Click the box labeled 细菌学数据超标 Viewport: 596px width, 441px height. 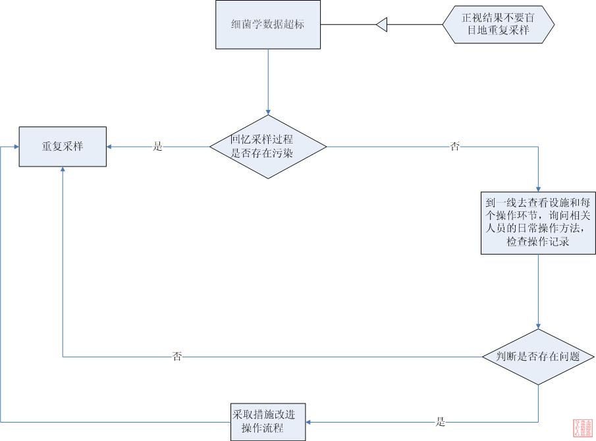click(x=268, y=25)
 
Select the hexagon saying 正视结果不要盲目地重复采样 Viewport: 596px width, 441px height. click(x=498, y=25)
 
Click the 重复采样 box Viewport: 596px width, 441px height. click(x=63, y=147)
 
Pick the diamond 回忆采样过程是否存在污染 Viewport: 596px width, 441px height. click(x=268, y=146)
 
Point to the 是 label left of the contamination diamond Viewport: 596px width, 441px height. click(x=157, y=147)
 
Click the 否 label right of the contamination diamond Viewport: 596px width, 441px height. click(x=454, y=147)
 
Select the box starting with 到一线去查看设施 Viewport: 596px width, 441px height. click(x=539, y=223)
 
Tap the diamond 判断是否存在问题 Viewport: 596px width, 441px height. click(x=539, y=357)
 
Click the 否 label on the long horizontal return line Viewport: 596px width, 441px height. click(x=177, y=357)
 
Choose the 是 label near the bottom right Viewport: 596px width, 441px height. click(x=441, y=422)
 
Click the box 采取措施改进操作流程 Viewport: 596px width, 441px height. click(x=268, y=422)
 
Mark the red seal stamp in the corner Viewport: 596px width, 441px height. click(x=583, y=428)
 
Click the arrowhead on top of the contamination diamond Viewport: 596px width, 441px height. click(x=268, y=111)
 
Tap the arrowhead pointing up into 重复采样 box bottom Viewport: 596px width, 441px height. click(x=63, y=170)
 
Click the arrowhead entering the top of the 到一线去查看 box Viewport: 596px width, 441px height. click(x=539, y=189)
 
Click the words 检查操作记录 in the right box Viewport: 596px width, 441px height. click(x=538, y=242)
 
